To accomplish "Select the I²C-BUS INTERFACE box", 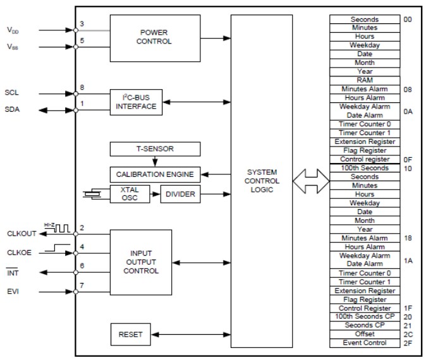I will click(x=135, y=102).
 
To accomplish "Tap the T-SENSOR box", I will click(x=155, y=149).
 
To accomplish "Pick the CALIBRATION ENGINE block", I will click(x=155, y=174).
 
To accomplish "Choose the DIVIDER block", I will click(x=181, y=194).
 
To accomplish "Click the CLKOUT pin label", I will click(x=20, y=233).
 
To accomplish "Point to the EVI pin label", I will click(x=13, y=292).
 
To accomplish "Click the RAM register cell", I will click(x=364, y=80).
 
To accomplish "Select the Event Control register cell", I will click(x=364, y=343).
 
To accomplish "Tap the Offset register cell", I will click(x=364, y=334).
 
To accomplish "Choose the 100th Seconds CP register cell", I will click(x=364, y=316).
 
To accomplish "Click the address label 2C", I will click(x=408, y=334).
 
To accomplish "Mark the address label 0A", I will click(x=408, y=111).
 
